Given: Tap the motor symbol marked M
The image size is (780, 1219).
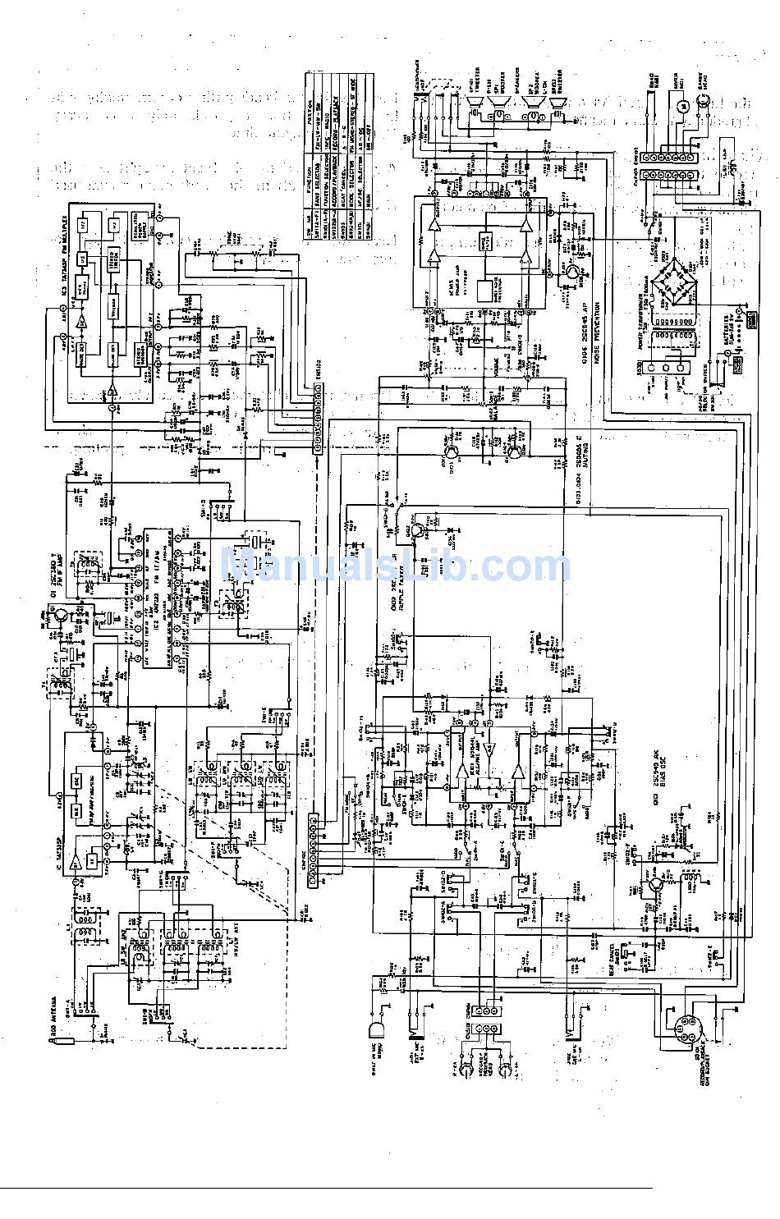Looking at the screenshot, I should (x=680, y=107).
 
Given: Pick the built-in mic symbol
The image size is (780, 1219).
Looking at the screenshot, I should (x=379, y=1029).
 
